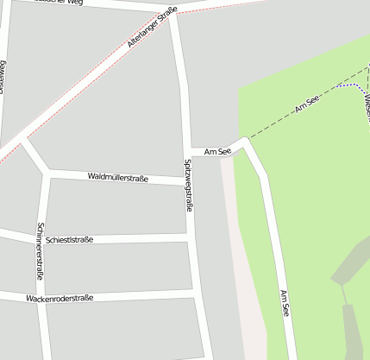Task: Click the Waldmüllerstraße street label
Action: [118, 178]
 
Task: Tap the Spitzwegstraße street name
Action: [189, 186]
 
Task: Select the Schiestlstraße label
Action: [71, 239]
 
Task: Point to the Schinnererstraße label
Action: [40, 251]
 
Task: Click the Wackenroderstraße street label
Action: [60, 298]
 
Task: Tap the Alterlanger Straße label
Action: [152, 27]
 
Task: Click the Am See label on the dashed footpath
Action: [307, 106]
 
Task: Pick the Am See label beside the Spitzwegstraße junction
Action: [217, 152]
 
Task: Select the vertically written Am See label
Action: [285, 304]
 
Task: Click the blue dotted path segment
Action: [348, 86]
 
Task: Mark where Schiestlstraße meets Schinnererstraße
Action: [41, 240]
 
